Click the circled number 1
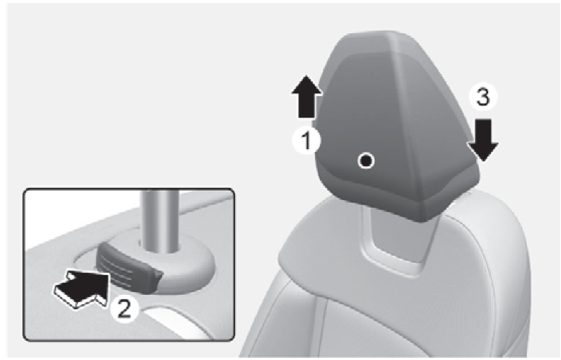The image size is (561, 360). tap(307, 141)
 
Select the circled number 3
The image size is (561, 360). tap(483, 98)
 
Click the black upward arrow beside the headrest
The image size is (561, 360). tap(307, 96)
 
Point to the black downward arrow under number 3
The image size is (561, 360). tap(483, 140)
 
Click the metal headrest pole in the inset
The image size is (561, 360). tap(160, 220)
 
